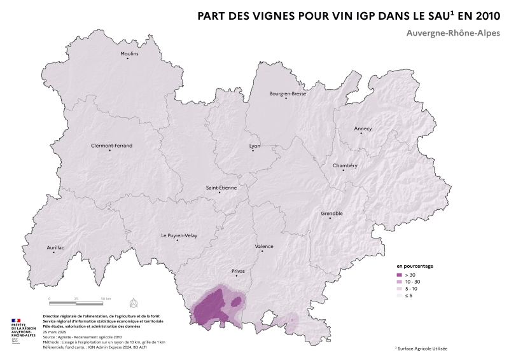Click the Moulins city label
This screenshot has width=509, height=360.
tap(129, 53)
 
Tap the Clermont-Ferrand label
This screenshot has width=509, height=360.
tap(112, 146)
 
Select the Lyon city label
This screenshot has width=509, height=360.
tap(254, 146)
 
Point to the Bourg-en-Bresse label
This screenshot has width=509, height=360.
tap(288, 93)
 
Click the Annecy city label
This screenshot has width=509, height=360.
tap(363, 128)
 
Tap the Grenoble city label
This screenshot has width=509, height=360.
tap(332, 213)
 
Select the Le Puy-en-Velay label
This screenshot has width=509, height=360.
tap(179, 235)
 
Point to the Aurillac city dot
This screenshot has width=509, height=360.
tap(53, 253)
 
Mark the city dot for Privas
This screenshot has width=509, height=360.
tap(236, 275)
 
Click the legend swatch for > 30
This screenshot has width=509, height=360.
tap(400, 274)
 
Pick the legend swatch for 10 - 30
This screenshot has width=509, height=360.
tap(400, 281)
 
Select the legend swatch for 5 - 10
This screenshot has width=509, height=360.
tap(400, 289)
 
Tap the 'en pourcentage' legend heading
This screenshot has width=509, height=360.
tap(415, 266)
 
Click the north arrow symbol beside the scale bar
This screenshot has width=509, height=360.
tap(134, 301)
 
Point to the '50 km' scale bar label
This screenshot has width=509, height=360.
tap(105, 298)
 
